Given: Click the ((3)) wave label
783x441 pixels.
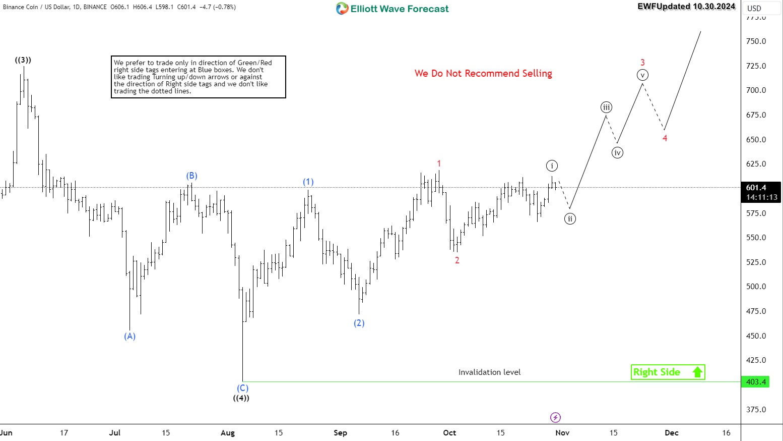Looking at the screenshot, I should tap(23, 60).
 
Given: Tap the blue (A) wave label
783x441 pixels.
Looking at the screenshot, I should tap(130, 336).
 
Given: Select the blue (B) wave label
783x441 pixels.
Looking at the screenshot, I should tap(191, 176).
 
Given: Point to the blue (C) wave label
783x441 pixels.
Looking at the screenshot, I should tap(243, 388).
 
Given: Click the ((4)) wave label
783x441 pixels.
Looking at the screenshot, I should tap(241, 398).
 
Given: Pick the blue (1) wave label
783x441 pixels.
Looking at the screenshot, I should tap(308, 182).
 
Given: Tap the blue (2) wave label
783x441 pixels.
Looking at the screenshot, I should tap(359, 323).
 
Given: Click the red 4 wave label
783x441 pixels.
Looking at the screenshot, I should tap(665, 138).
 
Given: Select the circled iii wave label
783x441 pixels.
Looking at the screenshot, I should tap(606, 107).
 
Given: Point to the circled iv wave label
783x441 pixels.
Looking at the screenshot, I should tap(617, 152).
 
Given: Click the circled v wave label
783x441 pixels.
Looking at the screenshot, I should tap(642, 75).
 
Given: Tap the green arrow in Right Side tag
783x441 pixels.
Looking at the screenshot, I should tap(697, 372).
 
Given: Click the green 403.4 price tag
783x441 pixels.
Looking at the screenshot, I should tap(756, 382).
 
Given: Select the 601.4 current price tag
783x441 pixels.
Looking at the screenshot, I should tap(756, 188).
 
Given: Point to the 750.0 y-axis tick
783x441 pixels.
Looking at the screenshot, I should tap(756, 41).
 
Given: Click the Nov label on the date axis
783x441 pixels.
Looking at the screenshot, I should tap(562, 433).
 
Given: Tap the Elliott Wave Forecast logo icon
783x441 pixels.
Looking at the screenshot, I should tap(342, 9).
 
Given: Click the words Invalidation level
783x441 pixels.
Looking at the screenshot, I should tap(489, 372).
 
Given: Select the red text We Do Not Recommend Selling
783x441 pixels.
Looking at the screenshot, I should tap(483, 74).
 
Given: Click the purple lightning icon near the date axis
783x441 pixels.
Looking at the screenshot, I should tap(555, 417).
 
